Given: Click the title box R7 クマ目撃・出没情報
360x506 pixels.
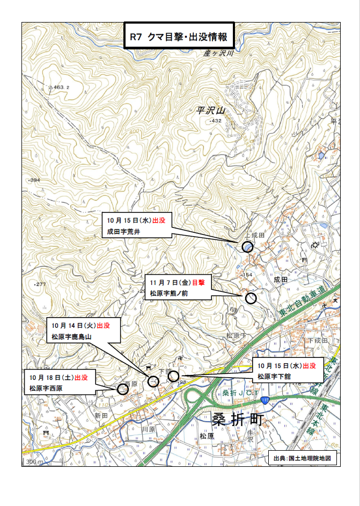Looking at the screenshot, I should pos(179,37).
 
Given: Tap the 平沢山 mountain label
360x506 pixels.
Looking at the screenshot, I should pos(210,111).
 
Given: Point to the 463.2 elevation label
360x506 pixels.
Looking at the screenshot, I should pos(60,86).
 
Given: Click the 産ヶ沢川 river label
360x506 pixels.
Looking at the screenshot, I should pos(219,54).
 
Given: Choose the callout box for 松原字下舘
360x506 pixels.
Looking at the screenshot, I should pos(288,371).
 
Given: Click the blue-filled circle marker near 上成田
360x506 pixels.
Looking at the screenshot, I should pos(247,246).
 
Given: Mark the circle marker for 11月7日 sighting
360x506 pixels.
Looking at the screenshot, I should pos(251,298).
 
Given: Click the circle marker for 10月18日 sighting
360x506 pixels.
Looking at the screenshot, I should pos(122,389).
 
